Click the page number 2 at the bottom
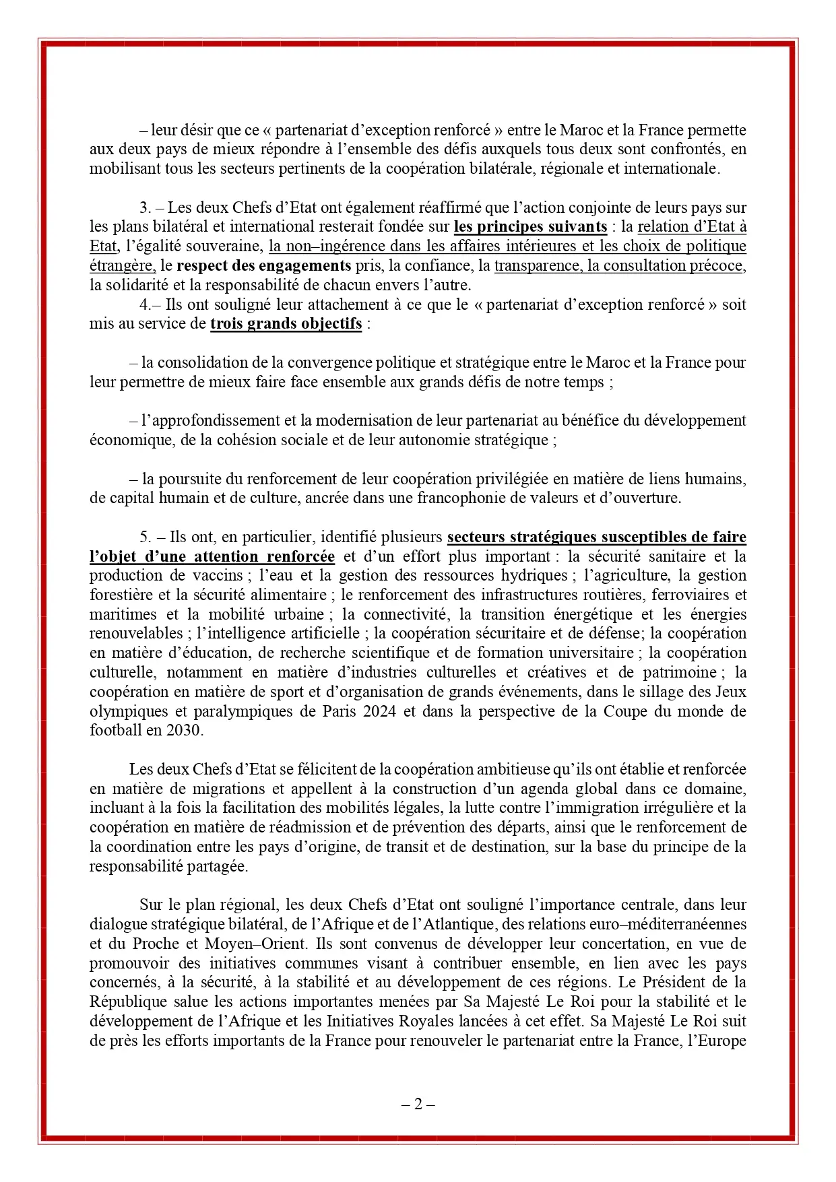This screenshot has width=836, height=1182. (x=418, y=1105)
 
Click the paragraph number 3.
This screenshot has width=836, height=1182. (x=144, y=207)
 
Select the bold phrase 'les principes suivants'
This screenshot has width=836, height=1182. (x=530, y=227)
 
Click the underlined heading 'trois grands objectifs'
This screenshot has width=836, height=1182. (x=286, y=324)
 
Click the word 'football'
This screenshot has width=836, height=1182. (x=116, y=731)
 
